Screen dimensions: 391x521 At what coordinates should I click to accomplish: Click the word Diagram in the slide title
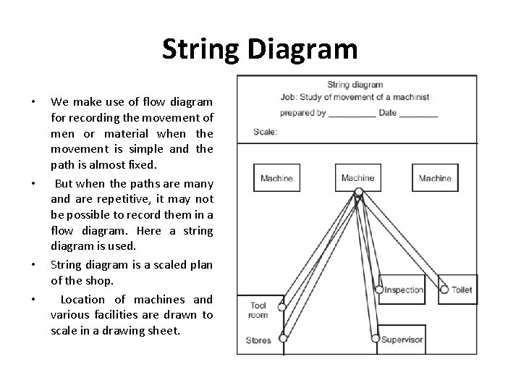[303, 49]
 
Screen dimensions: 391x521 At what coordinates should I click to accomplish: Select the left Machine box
[276, 178]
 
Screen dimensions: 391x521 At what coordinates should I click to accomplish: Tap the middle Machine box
[357, 178]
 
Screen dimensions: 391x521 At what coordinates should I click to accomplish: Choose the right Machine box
[435, 178]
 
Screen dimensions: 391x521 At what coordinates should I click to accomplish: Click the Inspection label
[404, 290]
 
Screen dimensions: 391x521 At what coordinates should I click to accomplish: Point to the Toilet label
[462, 290]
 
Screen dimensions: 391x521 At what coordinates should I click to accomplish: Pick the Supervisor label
[402, 340]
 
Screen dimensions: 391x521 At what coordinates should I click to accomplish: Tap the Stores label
[258, 340]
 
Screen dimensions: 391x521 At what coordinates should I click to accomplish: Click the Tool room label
[258, 310]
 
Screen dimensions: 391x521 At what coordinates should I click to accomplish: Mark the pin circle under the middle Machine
[358, 193]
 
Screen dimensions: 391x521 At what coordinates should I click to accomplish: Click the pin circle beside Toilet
[443, 290]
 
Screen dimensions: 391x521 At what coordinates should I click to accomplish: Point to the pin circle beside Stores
[283, 337]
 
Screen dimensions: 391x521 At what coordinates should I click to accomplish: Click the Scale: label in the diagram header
[265, 132]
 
